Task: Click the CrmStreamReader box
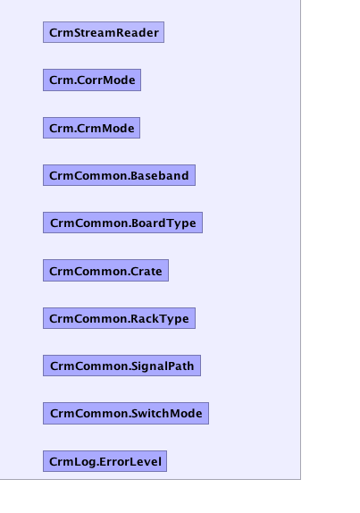point(104,32)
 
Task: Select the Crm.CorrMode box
point(92,80)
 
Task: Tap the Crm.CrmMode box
point(91,128)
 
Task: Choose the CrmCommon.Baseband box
point(119,175)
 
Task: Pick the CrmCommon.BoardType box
point(122,223)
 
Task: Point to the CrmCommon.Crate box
point(105,271)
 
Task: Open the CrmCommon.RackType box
point(119,318)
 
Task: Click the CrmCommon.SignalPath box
point(121,366)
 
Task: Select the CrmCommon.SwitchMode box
point(126,413)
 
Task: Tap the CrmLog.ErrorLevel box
point(105,461)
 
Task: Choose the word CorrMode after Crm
point(106,80)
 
